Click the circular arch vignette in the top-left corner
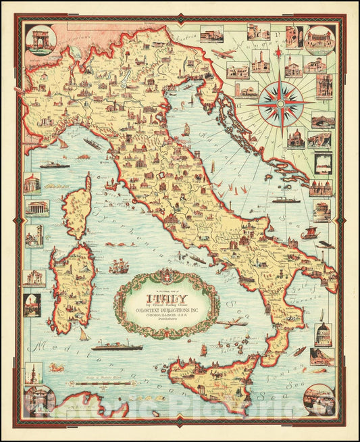(38, 39)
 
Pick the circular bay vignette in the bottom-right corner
(318, 399)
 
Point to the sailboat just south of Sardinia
(83, 333)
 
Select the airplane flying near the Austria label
(222, 53)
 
